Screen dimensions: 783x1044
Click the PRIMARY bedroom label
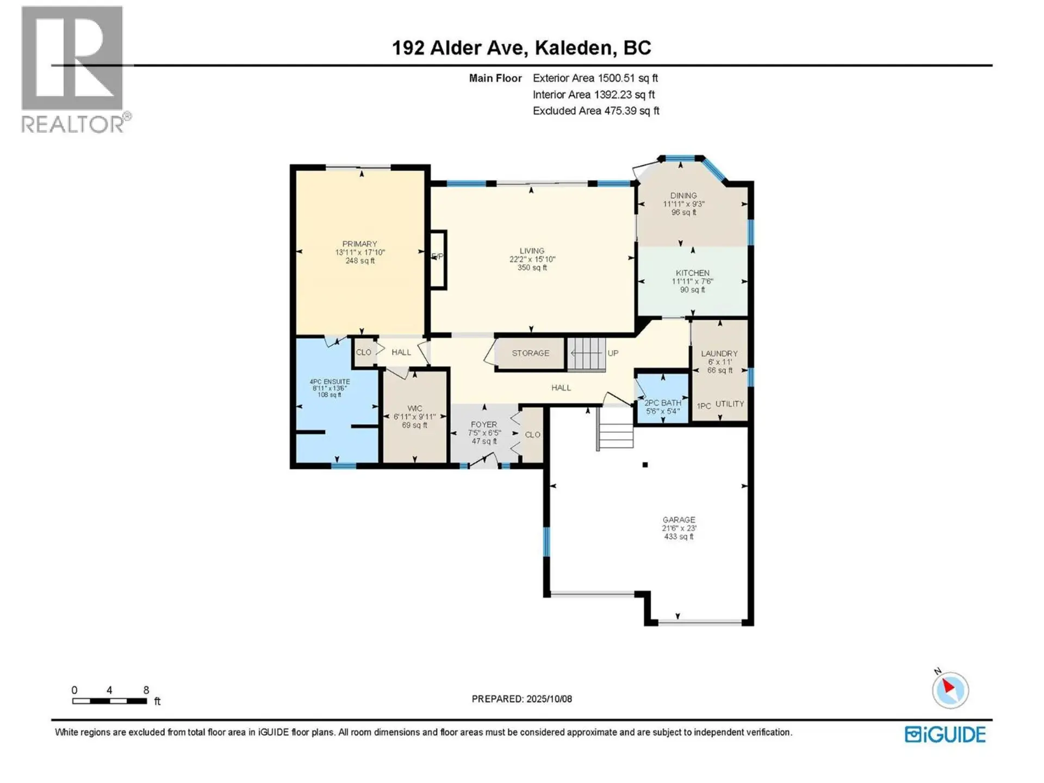point(359,244)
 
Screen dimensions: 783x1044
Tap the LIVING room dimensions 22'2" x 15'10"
point(532,259)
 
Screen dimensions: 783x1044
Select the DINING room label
point(683,196)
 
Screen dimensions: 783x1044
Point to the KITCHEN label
point(692,273)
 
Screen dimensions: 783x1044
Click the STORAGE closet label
point(530,353)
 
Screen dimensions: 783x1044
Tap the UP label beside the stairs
point(613,353)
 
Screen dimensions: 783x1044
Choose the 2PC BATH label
point(662,403)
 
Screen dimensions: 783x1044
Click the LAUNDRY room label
point(719,353)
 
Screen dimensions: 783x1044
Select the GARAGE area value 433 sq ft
point(679,537)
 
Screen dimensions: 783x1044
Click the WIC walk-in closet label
point(414,408)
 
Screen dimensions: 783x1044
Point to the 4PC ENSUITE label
point(330,382)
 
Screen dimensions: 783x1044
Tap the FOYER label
point(483,425)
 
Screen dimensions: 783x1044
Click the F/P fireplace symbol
point(438,257)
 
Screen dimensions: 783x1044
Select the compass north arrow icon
point(950,689)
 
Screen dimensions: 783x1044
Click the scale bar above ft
point(109,701)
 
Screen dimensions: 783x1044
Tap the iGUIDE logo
point(945,735)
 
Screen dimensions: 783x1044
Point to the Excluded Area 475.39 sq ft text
point(595,111)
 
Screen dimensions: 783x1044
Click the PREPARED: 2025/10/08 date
point(521,699)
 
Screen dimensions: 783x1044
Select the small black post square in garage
point(645,465)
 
